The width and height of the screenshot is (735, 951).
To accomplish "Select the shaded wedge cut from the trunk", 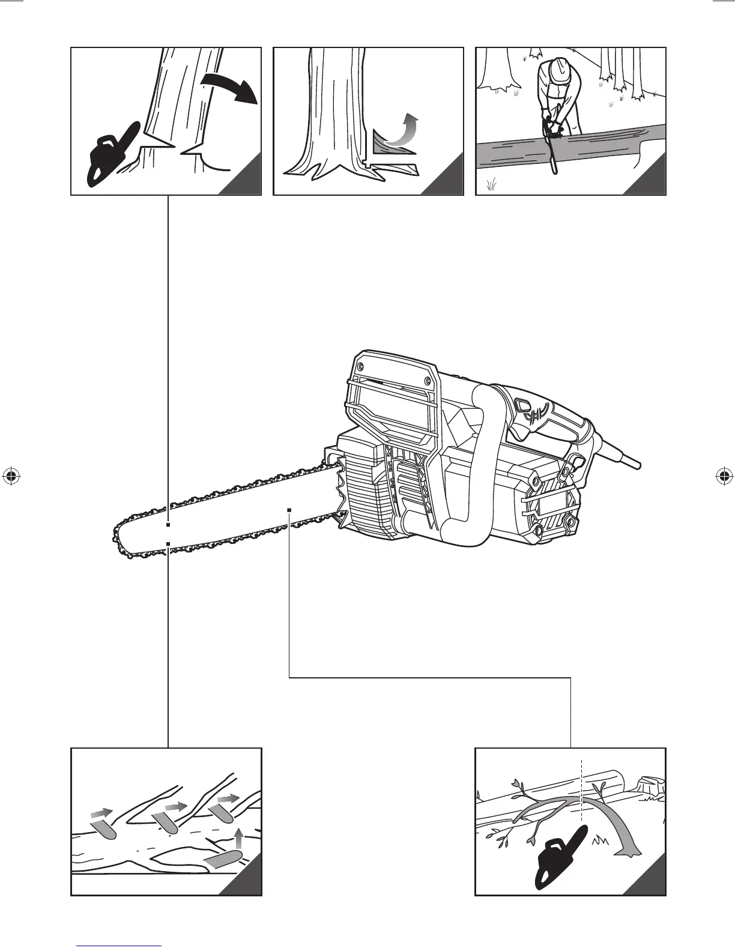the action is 384,144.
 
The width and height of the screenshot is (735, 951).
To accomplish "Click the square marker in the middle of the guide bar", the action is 289,510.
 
